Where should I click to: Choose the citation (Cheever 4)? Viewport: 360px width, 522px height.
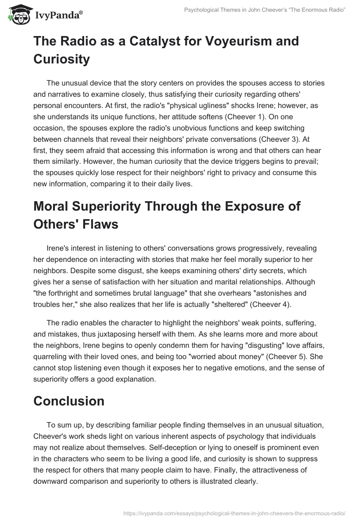(269, 305)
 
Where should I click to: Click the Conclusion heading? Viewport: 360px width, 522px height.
(69, 400)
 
